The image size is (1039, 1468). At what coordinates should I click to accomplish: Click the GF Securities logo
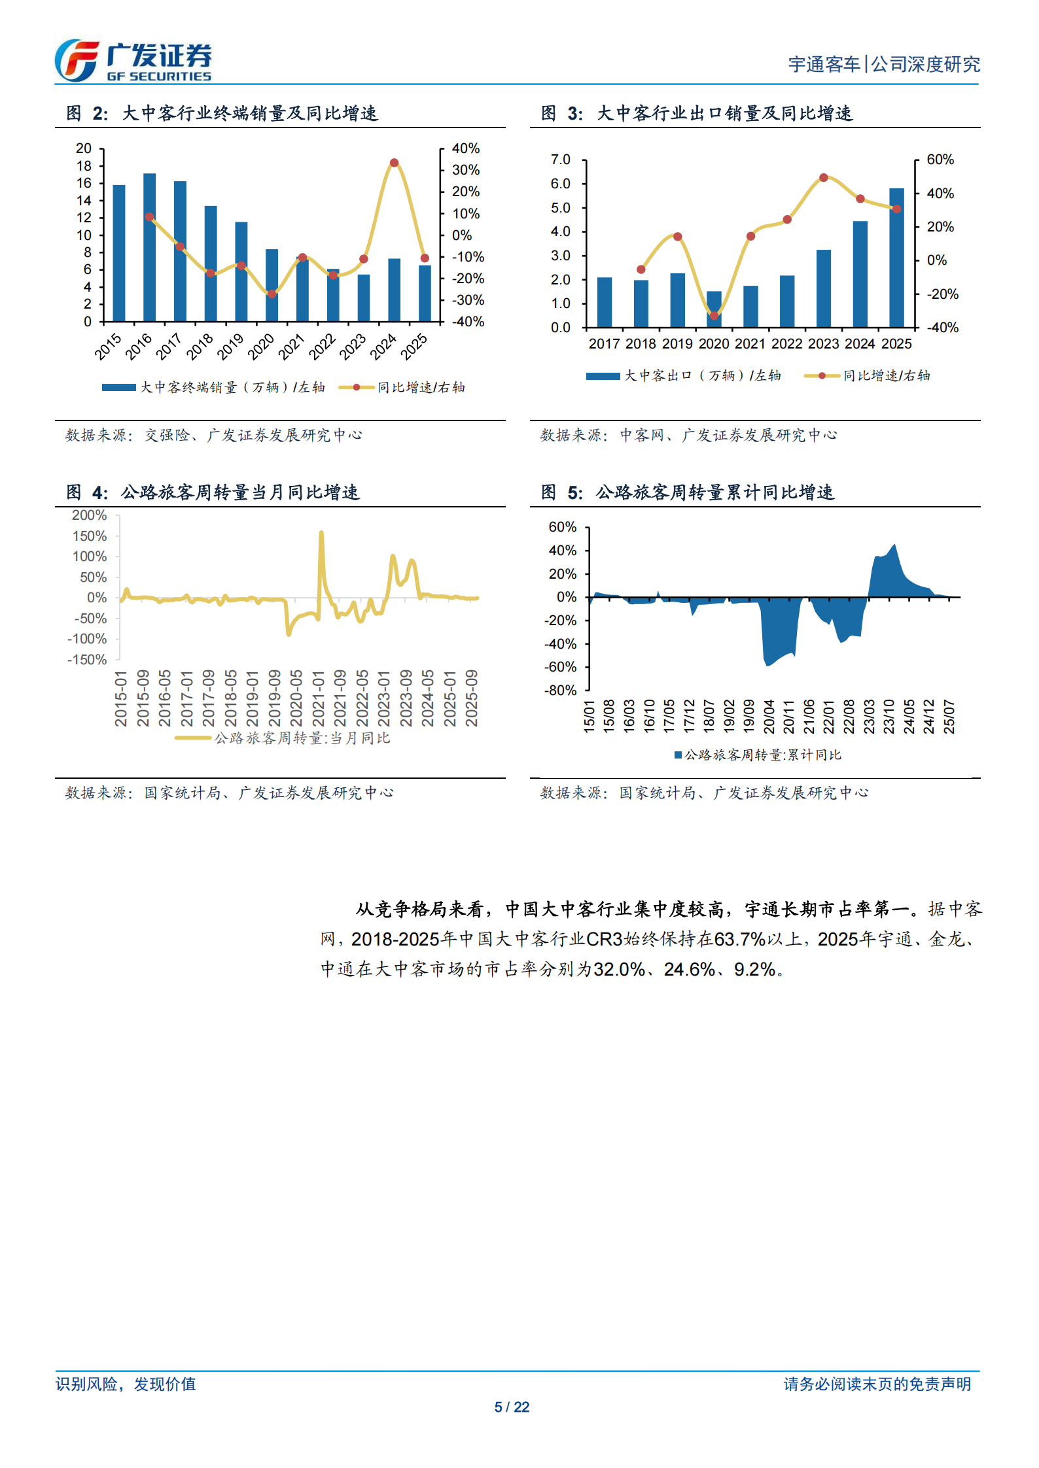click(133, 61)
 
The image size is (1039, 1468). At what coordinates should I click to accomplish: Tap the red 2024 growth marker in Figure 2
click(394, 163)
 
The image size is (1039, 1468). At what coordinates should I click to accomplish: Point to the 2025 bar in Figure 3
click(896, 258)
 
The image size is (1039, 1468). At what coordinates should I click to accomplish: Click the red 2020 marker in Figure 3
click(714, 316)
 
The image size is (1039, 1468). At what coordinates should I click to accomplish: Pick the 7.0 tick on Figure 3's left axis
click(560, 160)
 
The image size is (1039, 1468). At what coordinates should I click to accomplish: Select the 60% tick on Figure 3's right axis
click(940, 160)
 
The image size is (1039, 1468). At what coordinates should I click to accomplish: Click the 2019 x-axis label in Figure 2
click(230, 346)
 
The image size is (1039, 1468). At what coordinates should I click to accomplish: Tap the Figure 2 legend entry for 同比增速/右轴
click(402, 387)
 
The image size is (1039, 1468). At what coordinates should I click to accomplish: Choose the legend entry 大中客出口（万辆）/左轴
click(684, 375)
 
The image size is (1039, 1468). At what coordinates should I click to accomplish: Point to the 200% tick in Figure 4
click(90, 515)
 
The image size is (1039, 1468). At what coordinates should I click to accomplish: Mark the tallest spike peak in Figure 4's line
click(321, 533)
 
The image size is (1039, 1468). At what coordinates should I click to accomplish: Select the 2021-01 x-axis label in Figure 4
click(318, 698)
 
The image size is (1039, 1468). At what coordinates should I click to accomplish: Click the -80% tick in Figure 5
click(560, 691)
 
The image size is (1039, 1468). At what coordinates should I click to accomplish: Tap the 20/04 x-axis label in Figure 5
click(769, 716)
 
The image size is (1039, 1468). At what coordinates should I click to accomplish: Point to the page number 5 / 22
click(512, 1407)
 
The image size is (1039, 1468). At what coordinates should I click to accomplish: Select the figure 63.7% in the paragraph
click(739, 939)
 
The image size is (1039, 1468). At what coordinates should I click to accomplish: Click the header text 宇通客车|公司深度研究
click(883, 64)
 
